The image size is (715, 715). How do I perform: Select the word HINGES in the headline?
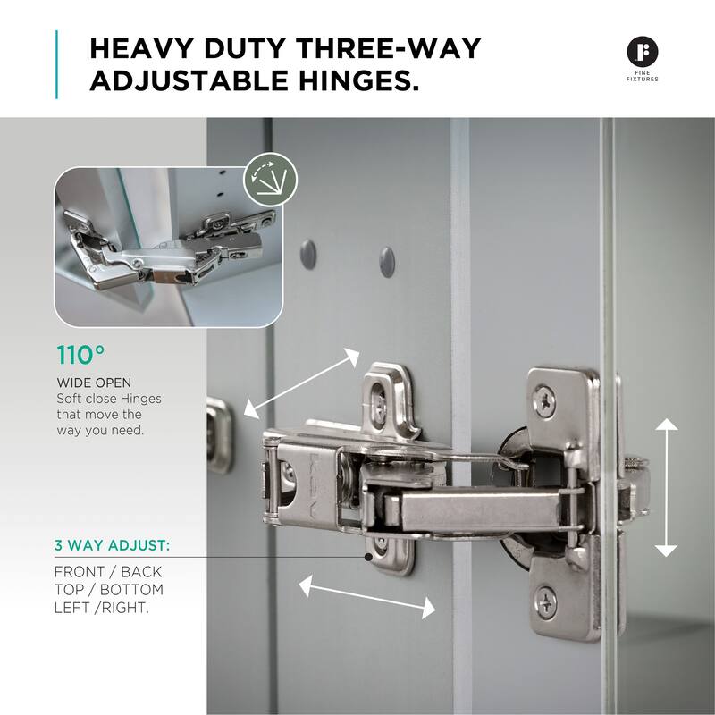[359, 80]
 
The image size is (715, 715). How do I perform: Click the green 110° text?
[80, 355]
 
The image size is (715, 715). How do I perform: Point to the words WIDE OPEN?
[94, 383]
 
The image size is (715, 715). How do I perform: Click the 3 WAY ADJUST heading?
[113, 545]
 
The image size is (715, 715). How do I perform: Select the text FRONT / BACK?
[108, 571]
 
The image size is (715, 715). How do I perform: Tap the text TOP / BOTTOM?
[109, 589]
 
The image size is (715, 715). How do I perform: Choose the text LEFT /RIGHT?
[102, 608]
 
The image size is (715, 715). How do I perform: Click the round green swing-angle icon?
[271, 180]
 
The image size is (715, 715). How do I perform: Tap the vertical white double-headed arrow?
[666, 487]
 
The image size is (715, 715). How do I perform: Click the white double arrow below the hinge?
[367, 596]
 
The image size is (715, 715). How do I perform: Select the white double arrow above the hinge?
[301, 383]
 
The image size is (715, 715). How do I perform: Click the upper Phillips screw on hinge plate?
[544, 401]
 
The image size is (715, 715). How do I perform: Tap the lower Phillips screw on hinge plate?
[546, 602]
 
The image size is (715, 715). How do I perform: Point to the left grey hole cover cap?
[308, 254]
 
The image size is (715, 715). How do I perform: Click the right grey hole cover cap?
[387, 262]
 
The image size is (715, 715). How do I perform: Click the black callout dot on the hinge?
[368, 557]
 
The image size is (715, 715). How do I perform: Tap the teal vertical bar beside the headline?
[56, 64]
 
